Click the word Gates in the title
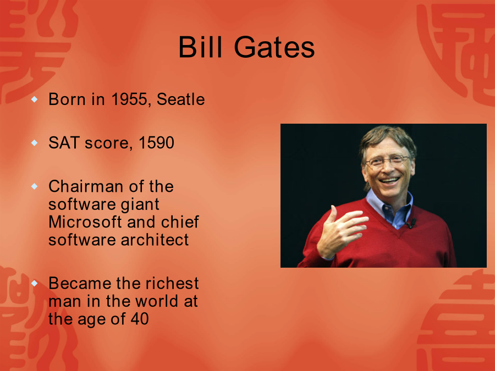tap(274, 47)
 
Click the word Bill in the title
tap(200, 47)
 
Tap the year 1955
tap(129, 99)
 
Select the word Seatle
tap(181, 99)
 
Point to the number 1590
tap(156, 142)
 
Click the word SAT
tap(64, 142)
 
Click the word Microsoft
tap(85, 222)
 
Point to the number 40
tap(140, 319)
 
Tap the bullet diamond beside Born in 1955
tap(35, 99)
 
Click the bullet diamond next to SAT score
tap(35, 143)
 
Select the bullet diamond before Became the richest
tap(35, 283)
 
